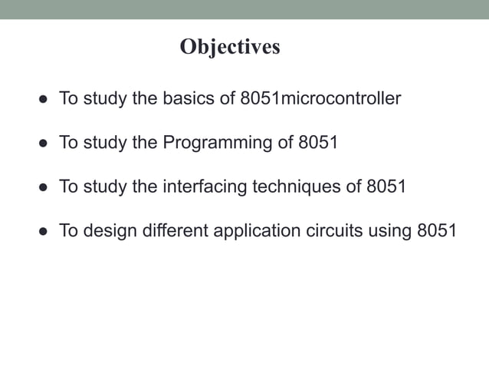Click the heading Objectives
pyautogui.click(x=230, y=48)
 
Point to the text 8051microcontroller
pyautogui.click(x=320, y=99)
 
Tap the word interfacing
pyautogui.click(x=204, y=187)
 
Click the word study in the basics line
pyautogui.click(x=107, y=99)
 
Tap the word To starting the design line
pyautogui.click(x=68, y=230)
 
